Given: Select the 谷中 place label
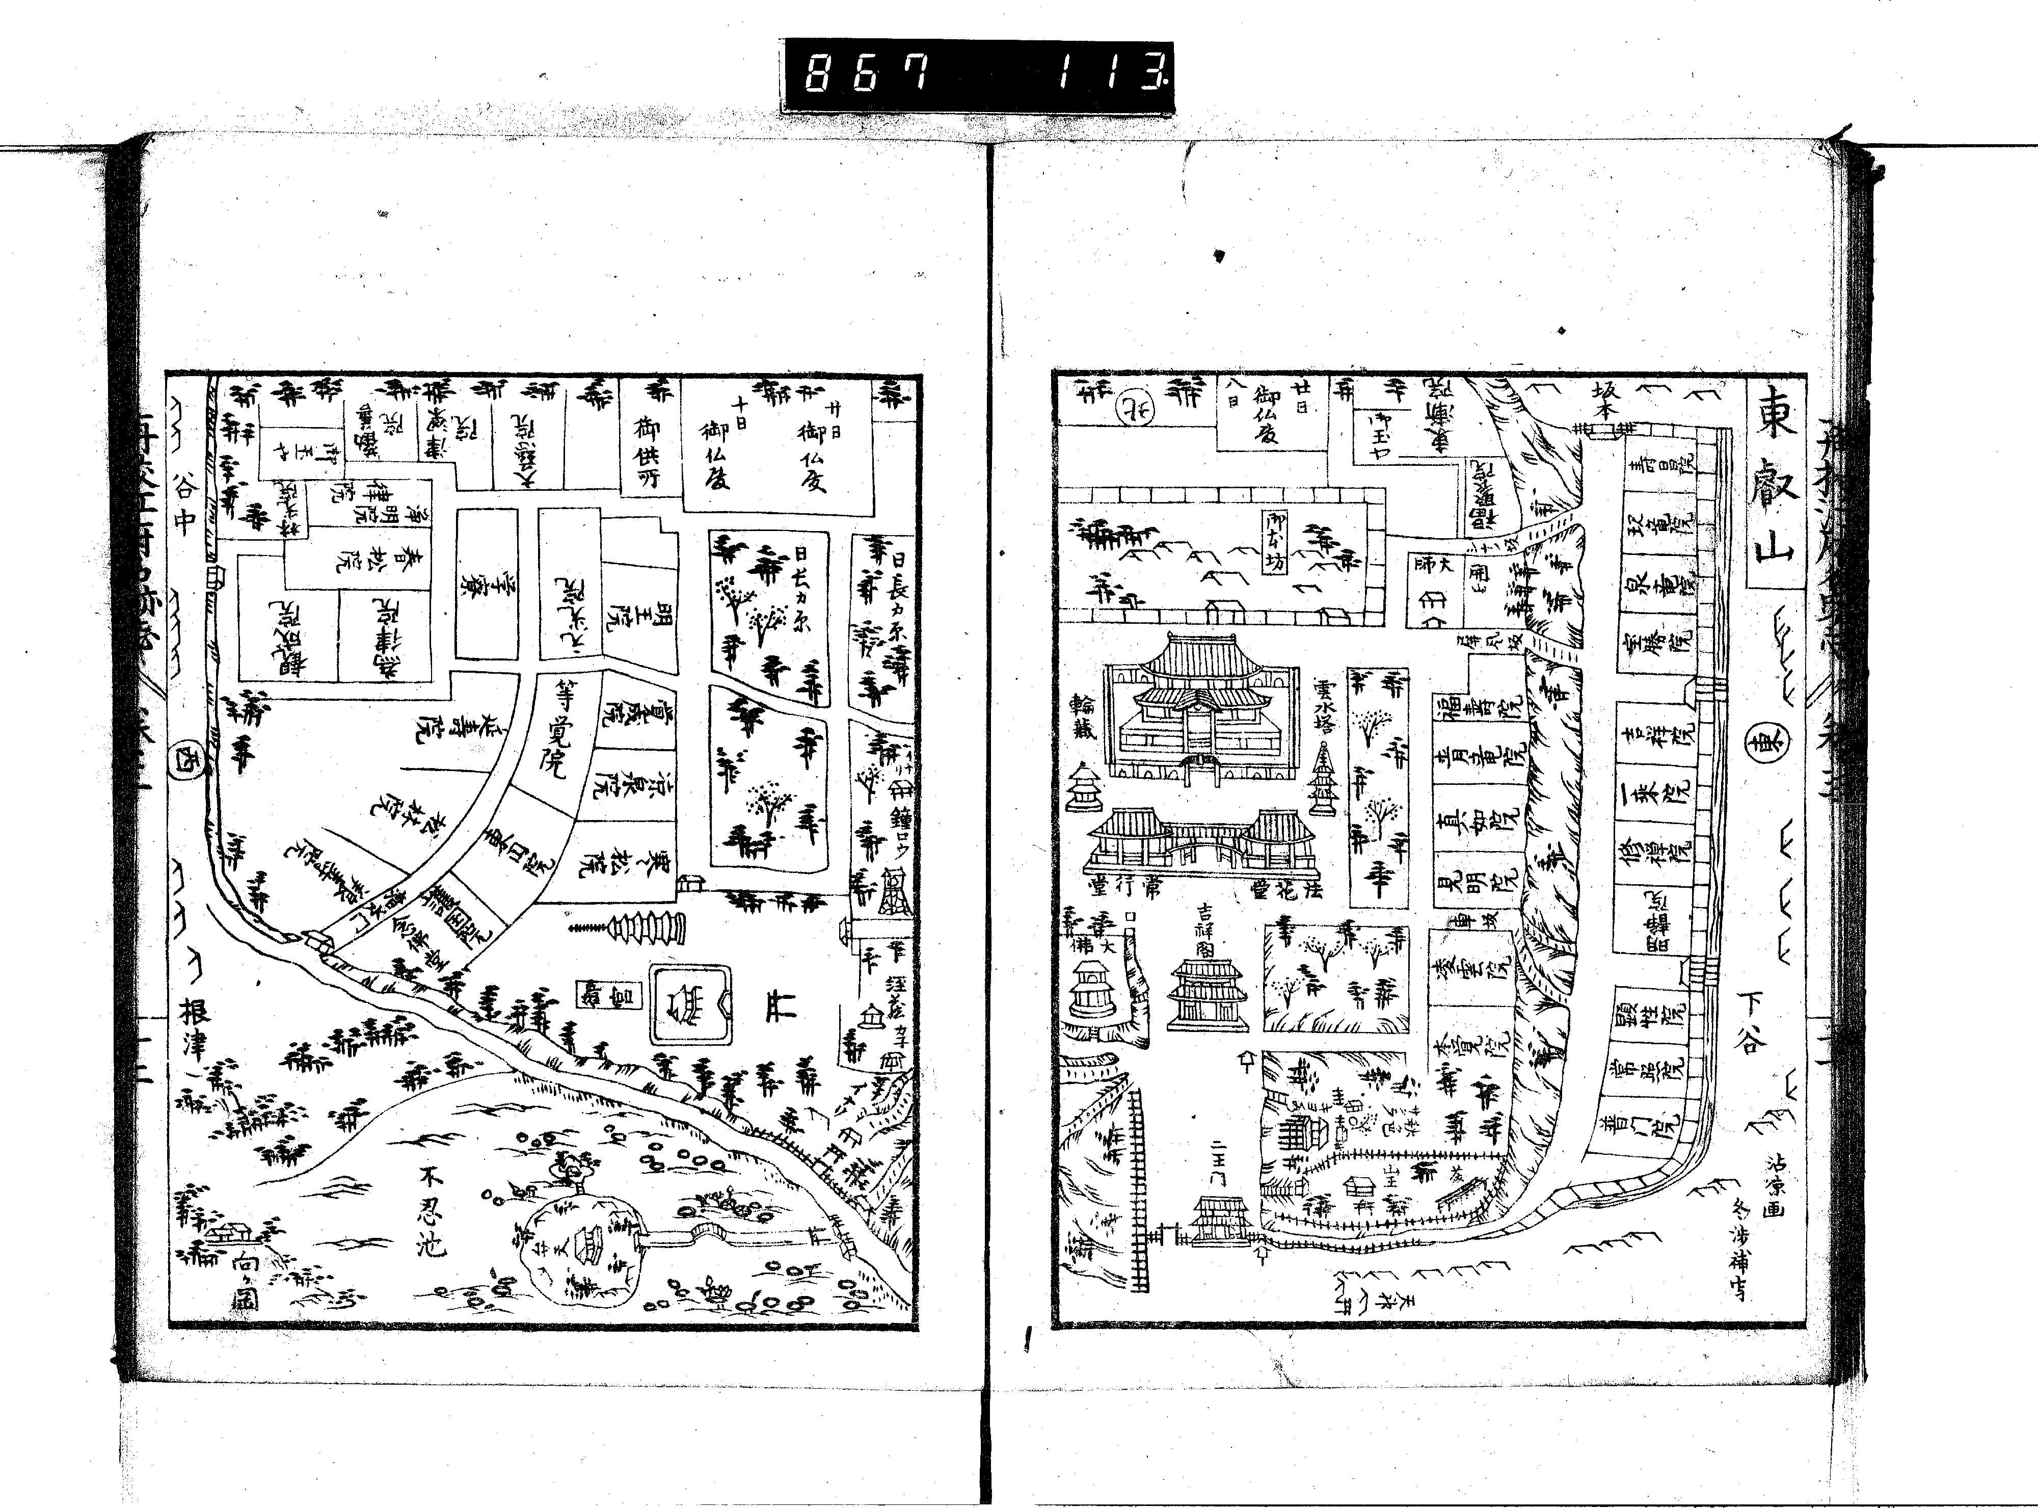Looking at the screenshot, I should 186,508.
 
